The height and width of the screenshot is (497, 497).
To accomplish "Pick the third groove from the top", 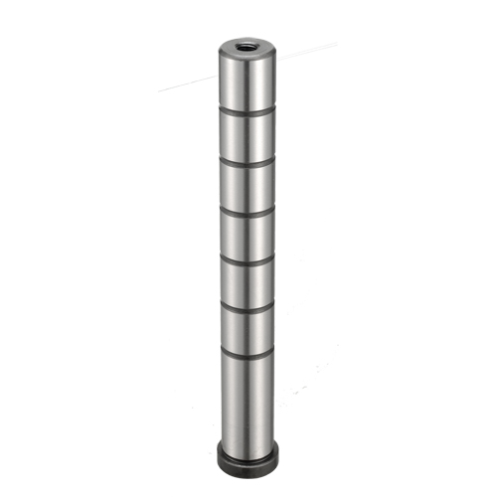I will coord(245,212).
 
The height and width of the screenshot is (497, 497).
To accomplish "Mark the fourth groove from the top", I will coord(245,259).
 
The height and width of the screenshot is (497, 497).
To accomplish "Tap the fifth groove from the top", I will coord(246,306).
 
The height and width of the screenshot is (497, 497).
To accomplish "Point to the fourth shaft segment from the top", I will coord(245,236).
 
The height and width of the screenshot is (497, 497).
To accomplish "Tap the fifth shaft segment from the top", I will coord(245,283).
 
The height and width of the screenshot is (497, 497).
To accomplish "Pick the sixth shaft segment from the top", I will coord(246,330).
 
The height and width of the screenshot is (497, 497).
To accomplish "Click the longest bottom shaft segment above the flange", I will coord(246,398).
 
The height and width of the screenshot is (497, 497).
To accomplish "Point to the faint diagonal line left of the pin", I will coord(184,87).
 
